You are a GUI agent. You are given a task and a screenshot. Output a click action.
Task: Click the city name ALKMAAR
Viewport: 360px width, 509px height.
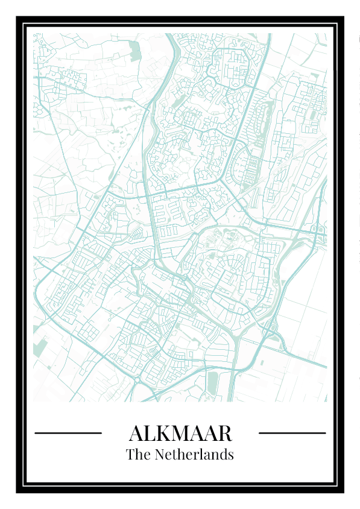coord(180,433)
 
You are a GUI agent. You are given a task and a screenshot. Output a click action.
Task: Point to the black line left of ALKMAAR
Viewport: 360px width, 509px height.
coord(68,433)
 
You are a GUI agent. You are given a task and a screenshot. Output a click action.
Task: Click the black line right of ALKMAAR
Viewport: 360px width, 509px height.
coord(292,433)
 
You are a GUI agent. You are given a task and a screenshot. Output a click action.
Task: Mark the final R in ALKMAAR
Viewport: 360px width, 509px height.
coord(225,433)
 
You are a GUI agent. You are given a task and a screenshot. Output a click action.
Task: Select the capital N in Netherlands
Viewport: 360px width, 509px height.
coord(160,455)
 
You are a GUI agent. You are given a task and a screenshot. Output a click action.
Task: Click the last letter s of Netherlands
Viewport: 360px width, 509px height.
coord(230,455)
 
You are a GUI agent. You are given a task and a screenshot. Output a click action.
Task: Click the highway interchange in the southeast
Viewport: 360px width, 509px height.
coord(268,329)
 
